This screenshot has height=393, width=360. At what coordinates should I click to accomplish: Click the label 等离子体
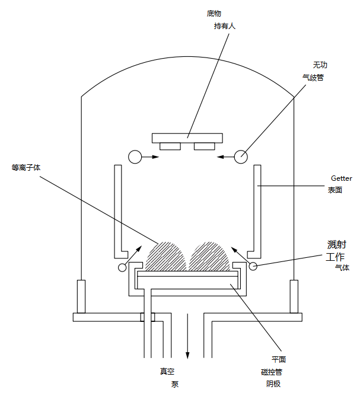click(x=26, y=168)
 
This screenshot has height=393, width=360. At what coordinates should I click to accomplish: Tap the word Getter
click(x=341, y=178)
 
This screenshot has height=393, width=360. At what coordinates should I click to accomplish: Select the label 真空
click(x=167, y=372)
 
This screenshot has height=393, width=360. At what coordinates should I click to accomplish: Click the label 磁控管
click(x=271, y=372)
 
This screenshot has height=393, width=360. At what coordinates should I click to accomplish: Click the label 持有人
click(x=225, y=27)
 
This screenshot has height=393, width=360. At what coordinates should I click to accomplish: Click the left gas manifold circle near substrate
click(x=135, y=156)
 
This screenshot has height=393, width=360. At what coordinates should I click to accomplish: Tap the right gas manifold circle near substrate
click(x=241, y=156)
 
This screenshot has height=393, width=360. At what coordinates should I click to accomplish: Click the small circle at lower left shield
click(x=122, y=267)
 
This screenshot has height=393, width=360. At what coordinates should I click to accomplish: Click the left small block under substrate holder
click(x=170, y=146)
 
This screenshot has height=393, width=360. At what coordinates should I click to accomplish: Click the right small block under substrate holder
click(x=205, y=146)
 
